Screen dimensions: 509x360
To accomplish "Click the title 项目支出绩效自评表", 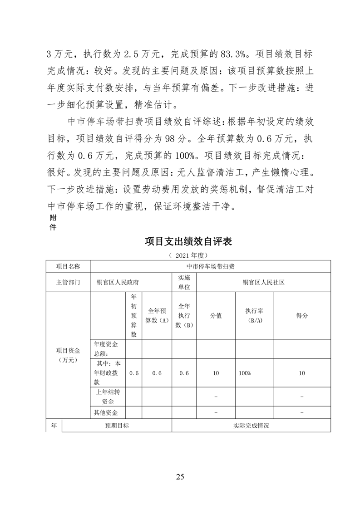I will [x=188, y=241].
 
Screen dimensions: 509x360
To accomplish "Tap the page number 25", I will [x=180, y=476].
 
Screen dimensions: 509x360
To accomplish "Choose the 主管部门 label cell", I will [x=68, y=282].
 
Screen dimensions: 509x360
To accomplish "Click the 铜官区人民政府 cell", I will [x=118, y=282].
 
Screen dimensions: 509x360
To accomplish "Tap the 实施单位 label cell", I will [x=184, y=282].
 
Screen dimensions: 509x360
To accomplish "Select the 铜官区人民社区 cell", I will [x=263, y=282].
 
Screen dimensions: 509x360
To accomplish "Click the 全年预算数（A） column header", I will [x=157, y=316].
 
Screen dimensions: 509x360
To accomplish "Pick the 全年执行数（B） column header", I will [x=184, y=316].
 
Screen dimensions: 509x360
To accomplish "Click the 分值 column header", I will [x=216, y=316].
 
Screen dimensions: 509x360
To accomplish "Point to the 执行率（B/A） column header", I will [x=254, y=316].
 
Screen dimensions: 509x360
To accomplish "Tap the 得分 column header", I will [x=302, y=316].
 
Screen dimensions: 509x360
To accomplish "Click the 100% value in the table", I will [x=245, y=373].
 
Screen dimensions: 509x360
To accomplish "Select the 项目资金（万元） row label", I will [x=68, y=355].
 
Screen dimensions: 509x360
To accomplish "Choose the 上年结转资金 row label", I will [x=108, y=396].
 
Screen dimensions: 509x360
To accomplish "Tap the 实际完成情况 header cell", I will [x=251, y=426].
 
